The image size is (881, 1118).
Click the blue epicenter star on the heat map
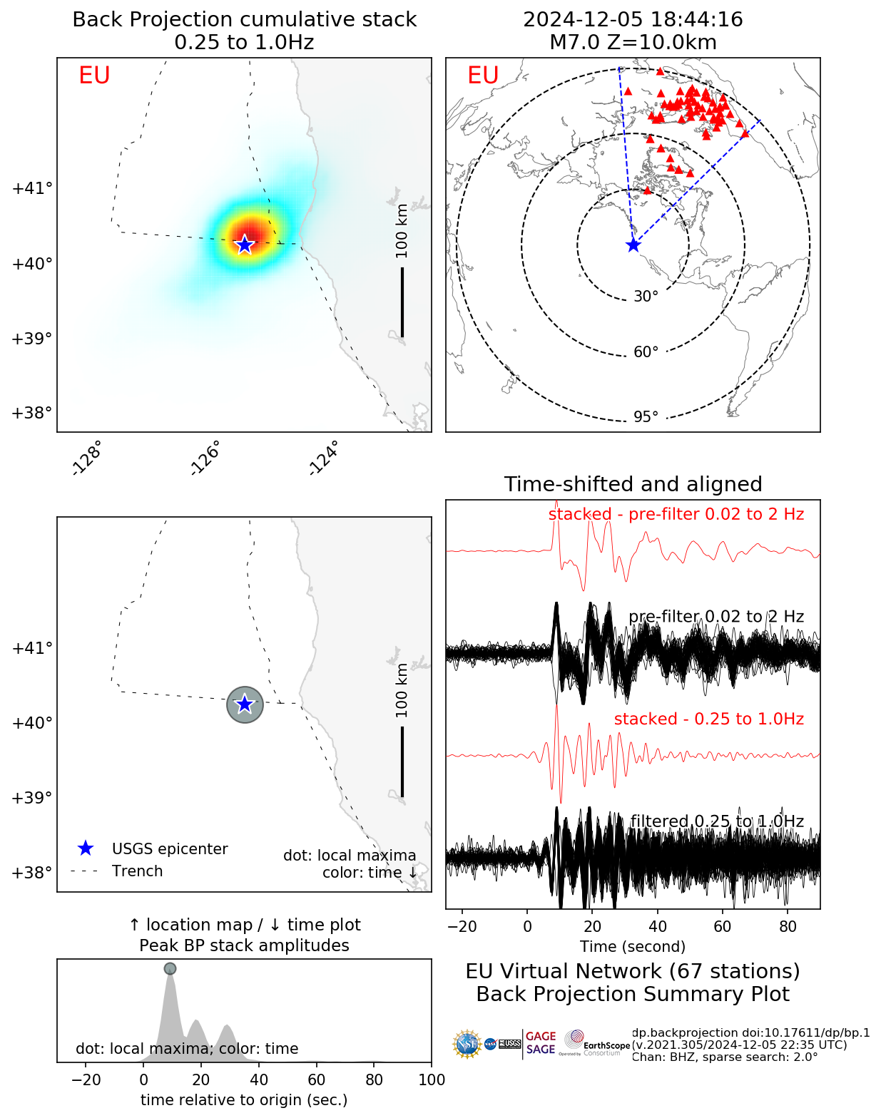click(245, 245)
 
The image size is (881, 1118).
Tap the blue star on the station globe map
click(633, 245)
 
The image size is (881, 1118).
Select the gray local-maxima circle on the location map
click(245, 704)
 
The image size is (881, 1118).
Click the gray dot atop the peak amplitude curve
click(170, 968)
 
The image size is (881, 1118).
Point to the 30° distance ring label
click(646, 297)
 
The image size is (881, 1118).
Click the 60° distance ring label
click(646, 352)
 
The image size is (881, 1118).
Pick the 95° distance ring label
click(646, 417)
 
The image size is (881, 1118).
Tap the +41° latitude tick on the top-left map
click(32, 188)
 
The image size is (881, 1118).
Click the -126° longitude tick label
click(205, 458)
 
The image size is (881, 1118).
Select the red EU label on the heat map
click(94, 76)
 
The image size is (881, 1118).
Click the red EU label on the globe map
click(483, 76)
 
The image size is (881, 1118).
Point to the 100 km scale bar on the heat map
click(402, 302)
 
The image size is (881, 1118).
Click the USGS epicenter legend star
click(86, 848)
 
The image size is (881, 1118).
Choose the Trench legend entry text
click(137, 871)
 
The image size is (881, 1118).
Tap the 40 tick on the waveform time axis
click(658, 926)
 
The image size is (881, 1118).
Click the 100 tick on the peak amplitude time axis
click(432, 1079)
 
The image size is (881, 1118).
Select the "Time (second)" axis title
click(633, 947)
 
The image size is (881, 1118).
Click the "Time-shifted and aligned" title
click(633, 484)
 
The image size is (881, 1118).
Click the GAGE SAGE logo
click(541, 1042)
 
